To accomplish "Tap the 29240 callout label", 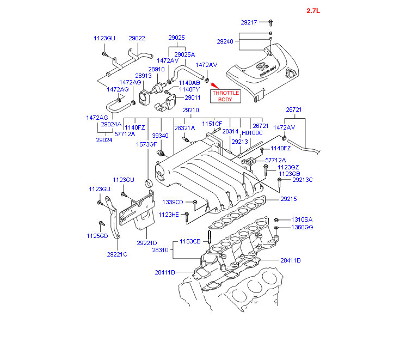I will (225, 41).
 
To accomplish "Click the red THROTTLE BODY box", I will (225, 96).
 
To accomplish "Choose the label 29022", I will (137, 38).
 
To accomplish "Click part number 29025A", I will (184, 54).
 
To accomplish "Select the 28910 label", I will (157, 70).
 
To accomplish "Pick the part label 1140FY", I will (189, 89).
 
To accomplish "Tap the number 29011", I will (193, 97).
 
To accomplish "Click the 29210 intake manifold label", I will (190, 110).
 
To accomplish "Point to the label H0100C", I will (252, 132).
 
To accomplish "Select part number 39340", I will (160, 136).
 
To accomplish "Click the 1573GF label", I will (147, 144).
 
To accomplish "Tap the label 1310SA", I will (301, 219).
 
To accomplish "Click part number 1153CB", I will (191, 241).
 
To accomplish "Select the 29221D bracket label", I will (147, 243).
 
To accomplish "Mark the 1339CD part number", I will (173, 202).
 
